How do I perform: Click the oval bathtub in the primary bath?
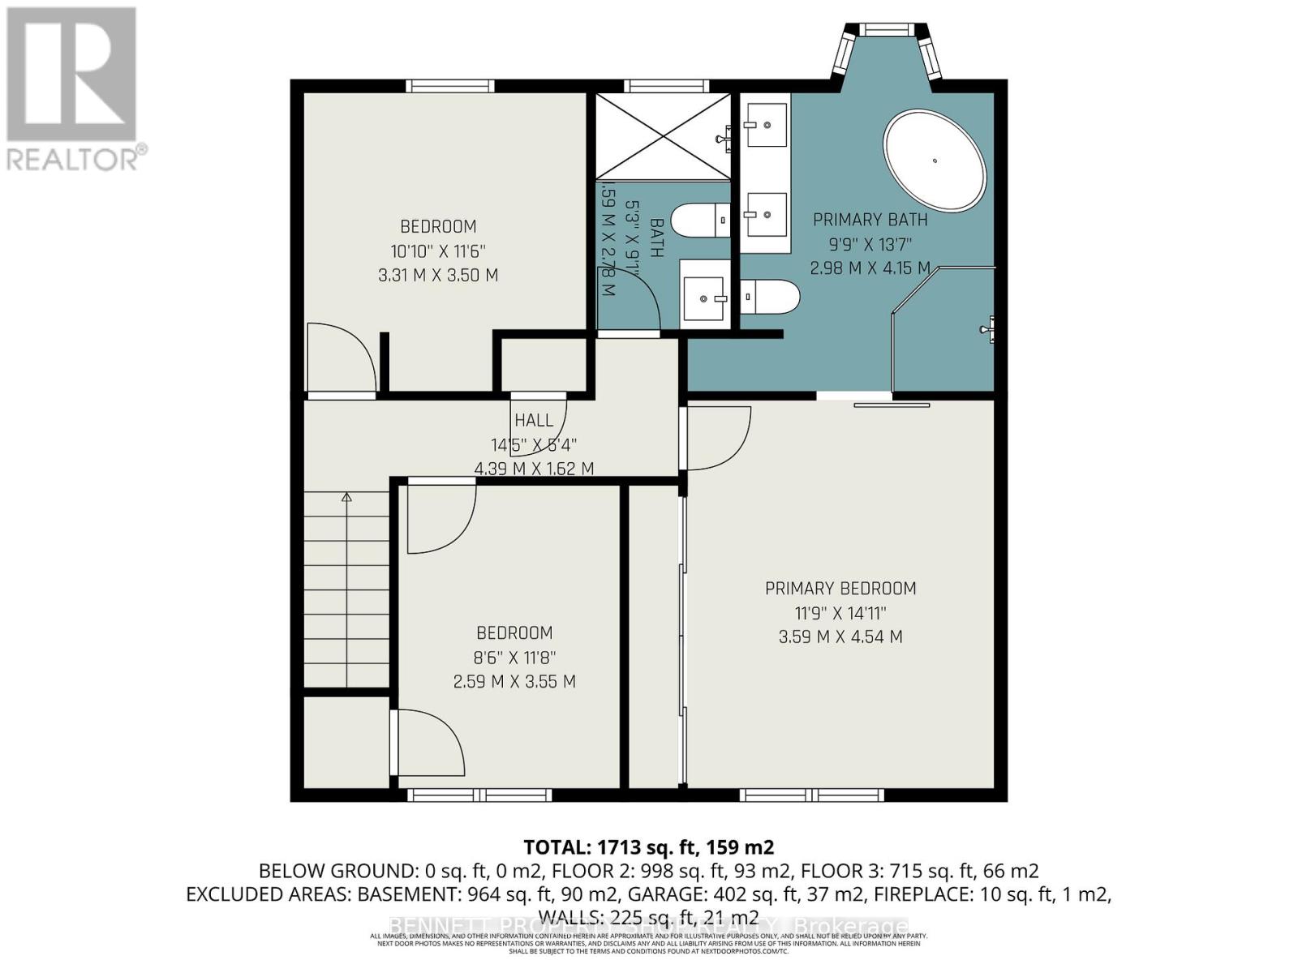click(935, 161)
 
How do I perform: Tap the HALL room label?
click(534, 420)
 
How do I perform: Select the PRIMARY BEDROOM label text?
click(840, 589)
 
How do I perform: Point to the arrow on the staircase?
click(347, 498)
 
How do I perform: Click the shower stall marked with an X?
click(663, 135)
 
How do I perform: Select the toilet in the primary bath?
click(770, 296)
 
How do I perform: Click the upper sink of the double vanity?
click(766, 125)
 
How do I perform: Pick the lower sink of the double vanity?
click(766, 214)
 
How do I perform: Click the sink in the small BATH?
click(704, 299)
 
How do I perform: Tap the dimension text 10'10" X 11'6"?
click(438, 251)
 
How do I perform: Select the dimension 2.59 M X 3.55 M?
click(514, 682)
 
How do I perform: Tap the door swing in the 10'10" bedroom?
click(341, 357)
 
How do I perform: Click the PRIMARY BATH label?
click(870, 220)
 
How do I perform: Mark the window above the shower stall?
click(666, 86)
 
